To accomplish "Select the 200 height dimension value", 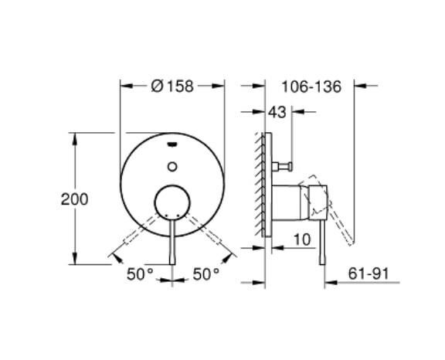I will tap(74, 199).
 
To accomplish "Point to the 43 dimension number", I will tap(277, 112).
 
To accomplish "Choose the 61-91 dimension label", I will tap(383, 273).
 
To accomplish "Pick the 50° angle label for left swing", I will tap(141, 273).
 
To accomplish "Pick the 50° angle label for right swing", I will tap(206, 273).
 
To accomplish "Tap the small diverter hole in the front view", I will tap(172, 164).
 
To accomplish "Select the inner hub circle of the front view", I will tap(172, 202).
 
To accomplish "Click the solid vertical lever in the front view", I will tap(172, 243).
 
